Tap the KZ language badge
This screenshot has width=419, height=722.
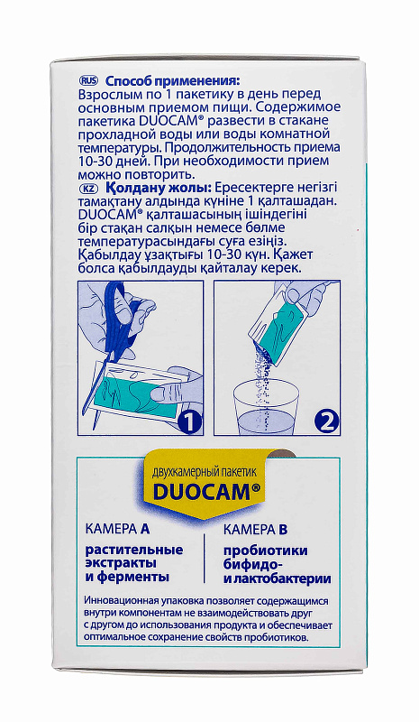(x=88, y=189)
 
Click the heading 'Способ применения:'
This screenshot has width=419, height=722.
(x=173, y=81)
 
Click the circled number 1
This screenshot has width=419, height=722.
(x=189, y=421)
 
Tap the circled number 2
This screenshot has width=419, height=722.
(x=326, y=421)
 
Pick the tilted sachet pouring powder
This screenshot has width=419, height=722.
(x=278, y=327)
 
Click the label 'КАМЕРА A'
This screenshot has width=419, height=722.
(x=118, y=529)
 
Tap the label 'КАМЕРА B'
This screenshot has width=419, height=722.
(x=256, y=530)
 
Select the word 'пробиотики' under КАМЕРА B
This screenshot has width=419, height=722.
(x=266, y=551)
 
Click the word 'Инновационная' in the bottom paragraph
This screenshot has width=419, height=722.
(x=122, y=602)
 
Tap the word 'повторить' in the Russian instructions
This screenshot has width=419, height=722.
(x=153, y=175)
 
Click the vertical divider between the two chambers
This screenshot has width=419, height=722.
(x=204, y=559)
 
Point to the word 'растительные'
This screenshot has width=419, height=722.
(x=134, y=550)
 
